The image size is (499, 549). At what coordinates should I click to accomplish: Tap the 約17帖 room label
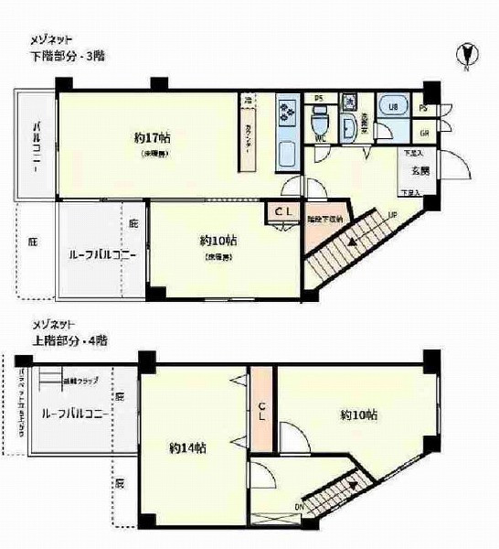[152, 138]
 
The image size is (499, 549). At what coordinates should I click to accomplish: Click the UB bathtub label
[393, 108]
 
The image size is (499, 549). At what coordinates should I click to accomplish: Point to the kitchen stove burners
[289, 113]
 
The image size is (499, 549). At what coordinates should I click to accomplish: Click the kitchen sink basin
[286, 152]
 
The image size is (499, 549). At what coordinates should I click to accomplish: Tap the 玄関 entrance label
[419, 171]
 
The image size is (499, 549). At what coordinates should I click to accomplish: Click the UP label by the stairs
[392, 216]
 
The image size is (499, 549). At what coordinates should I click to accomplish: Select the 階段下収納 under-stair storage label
[324, 219]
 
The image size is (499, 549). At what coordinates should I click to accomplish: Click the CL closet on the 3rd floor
[279, 211]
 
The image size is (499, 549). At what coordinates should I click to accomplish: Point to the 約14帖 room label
[186, 448]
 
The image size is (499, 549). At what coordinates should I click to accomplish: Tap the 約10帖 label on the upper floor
[359, 414]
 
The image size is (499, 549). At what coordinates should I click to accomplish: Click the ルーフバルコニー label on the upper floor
[77, 414]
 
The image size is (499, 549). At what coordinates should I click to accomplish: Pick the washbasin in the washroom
[348, 126]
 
